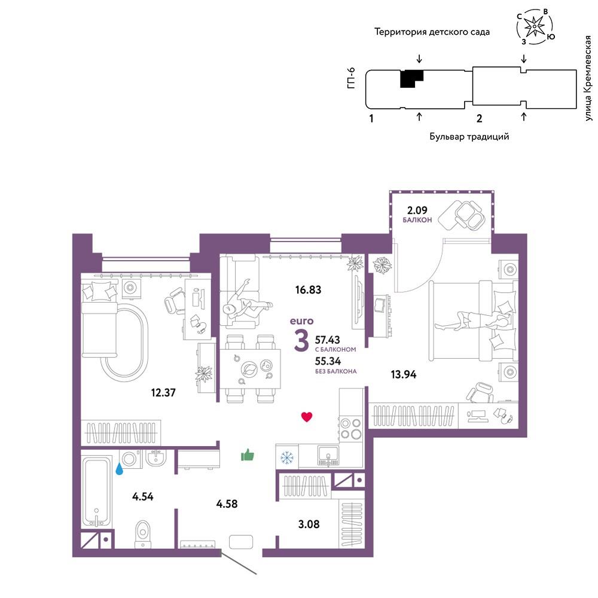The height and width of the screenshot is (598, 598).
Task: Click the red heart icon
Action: tap(307, 417)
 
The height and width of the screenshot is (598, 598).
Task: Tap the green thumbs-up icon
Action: tap(248, 455)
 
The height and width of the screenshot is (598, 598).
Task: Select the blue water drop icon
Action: tap(120, 468)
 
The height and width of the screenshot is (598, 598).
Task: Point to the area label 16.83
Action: tap(308, 290)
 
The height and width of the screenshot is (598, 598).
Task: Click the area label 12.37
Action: tap(163, 392)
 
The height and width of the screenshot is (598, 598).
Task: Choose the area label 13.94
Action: tap(404, 374)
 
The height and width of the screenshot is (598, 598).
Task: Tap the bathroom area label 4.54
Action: tap(143, 496)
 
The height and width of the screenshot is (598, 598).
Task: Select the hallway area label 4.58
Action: tap(227, 504)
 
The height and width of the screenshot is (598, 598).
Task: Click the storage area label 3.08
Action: tap(309, 524)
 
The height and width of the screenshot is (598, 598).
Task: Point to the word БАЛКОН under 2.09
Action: tap(417, 220)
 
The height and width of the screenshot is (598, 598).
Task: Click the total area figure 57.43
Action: tap(327, 340)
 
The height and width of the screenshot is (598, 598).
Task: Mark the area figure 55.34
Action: tap(328, 361)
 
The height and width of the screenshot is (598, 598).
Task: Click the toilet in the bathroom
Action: tap(143, 533)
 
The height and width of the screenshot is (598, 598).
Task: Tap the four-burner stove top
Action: tap(351, 428)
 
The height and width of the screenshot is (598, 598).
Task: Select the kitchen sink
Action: tap(328, 455)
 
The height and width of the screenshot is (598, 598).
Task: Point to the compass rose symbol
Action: tap(535, 26)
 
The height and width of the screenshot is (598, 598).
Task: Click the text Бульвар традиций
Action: tap(469, 136)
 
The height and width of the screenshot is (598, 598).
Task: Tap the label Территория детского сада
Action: tap(432, 32)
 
